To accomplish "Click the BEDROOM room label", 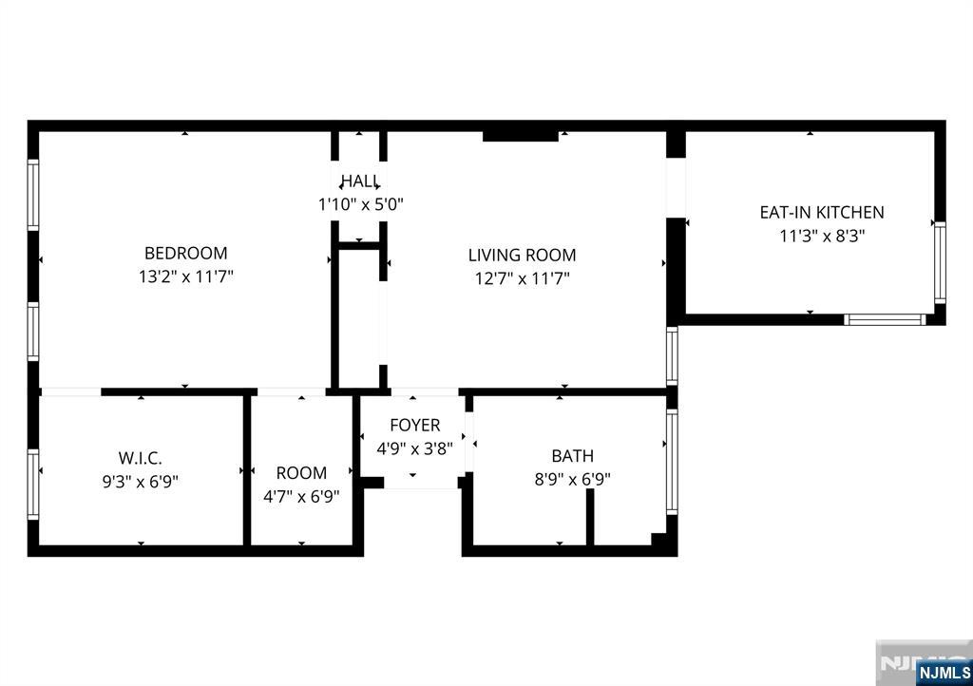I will [x=185, y=254].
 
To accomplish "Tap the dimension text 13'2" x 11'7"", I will [x=185, y=277].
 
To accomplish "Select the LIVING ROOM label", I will [x=522, y=255].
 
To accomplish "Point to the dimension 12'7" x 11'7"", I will [x=522, y=278].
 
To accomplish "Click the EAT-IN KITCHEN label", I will [x=822, y=213].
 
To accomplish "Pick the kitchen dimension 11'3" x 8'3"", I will [x=822, y=237].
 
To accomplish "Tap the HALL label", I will [x=360, y=181].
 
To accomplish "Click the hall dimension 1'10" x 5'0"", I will [x=360, y=203].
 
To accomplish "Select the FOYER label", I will [x=415, y=425].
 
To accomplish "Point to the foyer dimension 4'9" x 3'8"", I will [x=415, y=448].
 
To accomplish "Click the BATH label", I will [x=572, y=456].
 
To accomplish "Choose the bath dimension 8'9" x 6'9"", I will [x=572, y=480].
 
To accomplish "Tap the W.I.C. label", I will [x=140, y=458].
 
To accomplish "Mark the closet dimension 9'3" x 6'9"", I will [x=140, y=482].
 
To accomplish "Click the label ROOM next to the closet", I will [x=301, y=472].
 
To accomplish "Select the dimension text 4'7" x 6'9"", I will [x=301, y=496].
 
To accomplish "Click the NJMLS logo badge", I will [x=944, y=672].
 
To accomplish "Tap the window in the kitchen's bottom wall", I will [x=885, y=319].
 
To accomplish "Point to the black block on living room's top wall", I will [x=520, y=136].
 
